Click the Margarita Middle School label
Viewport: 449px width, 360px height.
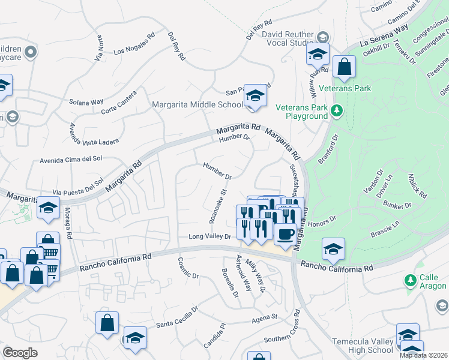coord(197,104)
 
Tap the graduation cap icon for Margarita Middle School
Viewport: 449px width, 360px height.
coord(256,96)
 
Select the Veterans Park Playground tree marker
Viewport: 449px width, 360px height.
coord(337,110)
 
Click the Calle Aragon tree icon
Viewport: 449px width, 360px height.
coord(411,280)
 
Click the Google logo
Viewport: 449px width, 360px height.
coord(20,353)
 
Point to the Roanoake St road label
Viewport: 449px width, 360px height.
coord(216,207)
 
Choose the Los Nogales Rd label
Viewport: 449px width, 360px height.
coord(134,43)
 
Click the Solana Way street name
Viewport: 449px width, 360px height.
coord(86,102)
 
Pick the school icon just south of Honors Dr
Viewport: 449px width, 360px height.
coord(334,249)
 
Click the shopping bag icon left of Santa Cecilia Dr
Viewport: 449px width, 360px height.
coord(107,323)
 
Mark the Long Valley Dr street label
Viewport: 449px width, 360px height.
coord(210,237)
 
